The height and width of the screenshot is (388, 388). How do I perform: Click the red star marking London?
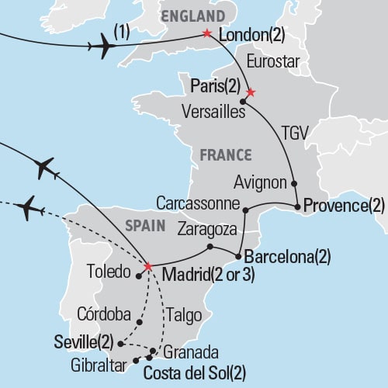pos(206,33)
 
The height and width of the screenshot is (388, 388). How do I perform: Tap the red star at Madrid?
pos(147,266)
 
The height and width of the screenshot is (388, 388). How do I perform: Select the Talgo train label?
pos(184,315)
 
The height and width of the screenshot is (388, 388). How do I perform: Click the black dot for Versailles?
pos(244,102)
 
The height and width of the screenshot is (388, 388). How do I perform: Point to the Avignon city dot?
pos(295,184)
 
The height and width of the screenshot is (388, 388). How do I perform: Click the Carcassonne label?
pos(198,203)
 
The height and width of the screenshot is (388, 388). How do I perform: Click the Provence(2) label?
pos(344,206)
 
